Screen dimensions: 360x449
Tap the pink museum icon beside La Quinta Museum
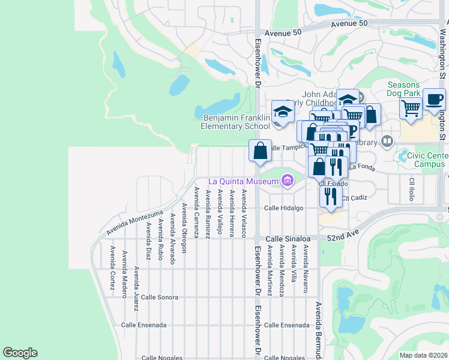(287, 180)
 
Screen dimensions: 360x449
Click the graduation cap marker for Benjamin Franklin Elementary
(283, 112)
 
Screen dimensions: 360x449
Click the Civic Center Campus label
(428, 160)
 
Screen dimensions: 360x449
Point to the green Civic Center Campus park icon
(402, 156)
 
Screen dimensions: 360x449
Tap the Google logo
(20, 353)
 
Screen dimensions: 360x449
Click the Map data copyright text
(423, 355)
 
